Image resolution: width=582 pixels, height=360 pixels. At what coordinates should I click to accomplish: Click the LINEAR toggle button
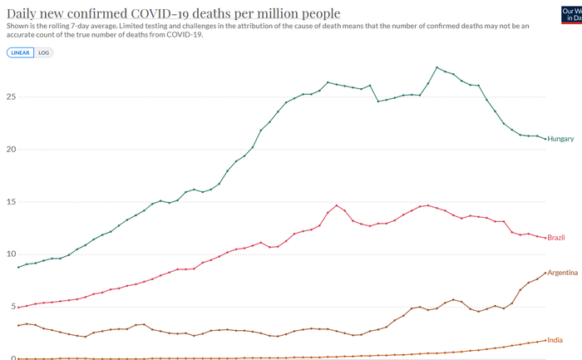[21, 52]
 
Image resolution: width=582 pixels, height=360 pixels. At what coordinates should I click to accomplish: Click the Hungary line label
[560, 139]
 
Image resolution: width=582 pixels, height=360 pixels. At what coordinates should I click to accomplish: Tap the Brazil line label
[556, 238]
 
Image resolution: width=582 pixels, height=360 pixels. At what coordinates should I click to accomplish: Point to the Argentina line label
[562, 273]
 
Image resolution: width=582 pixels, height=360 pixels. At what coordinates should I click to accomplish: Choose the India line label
[555, 340]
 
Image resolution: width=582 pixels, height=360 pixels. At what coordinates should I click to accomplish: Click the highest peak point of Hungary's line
[437, 67]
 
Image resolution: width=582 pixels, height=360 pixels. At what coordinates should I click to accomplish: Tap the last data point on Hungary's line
[545, 138]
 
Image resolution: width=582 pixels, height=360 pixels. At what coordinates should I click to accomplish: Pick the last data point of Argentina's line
[545, 274]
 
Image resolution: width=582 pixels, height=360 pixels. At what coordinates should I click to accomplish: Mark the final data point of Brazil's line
[545, 238]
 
